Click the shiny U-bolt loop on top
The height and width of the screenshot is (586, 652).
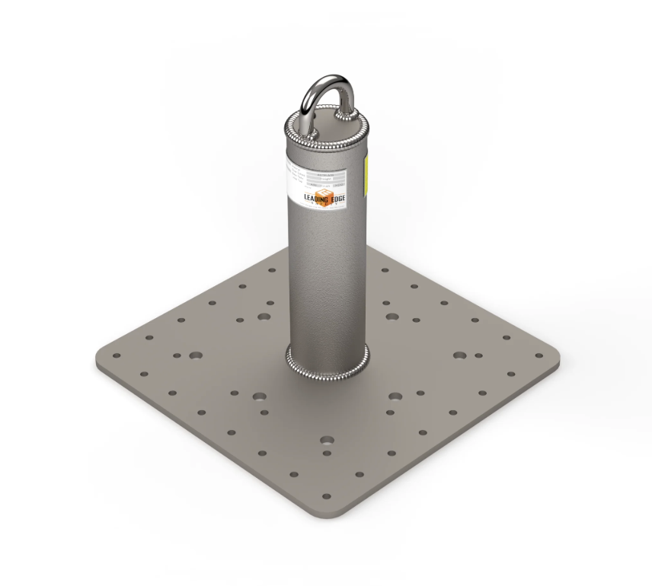pyautogui.click(x=318, y=85)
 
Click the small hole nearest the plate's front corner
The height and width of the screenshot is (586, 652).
pyautogui.click(x=326, y=497)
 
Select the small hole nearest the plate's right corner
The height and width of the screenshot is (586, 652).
pyautogui.click(x=539, y=355)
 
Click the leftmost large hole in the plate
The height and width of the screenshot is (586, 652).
pyautogui.click(x=196, y=355)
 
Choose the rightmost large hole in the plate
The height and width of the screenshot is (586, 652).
pyautogui.click(x=459, y=355)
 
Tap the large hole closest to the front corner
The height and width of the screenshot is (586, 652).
pyautogui.click(x=327, y=440)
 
